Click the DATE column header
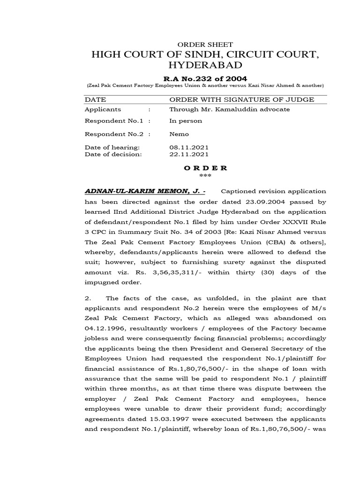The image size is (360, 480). pos(95,99)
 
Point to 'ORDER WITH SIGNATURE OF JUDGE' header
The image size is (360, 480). pos(241,99)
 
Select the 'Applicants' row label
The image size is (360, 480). pos(103,109)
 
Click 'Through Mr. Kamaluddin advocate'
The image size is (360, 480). pos(229,109)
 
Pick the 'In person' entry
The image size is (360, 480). pos(186,120)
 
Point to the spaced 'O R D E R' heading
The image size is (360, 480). pos(206,168)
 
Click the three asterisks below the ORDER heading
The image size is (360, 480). pos(205,176)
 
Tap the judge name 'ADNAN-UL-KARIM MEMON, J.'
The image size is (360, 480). pos(144,191)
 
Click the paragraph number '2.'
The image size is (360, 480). pos(88,298)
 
